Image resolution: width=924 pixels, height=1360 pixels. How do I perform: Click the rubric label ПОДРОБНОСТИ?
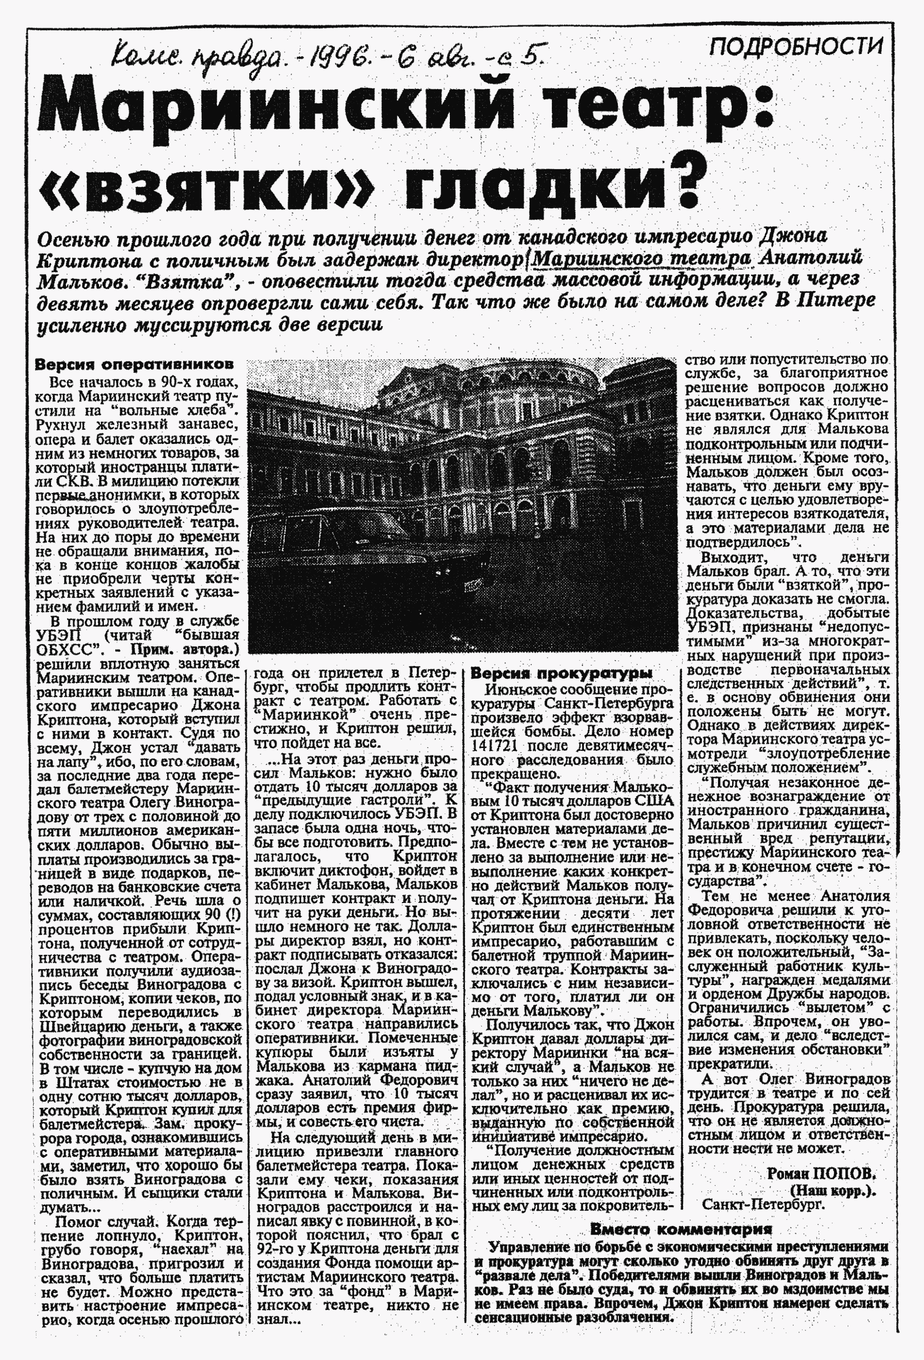(x=795, y=47)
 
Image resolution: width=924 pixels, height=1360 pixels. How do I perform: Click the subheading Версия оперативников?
(x=134, y=364)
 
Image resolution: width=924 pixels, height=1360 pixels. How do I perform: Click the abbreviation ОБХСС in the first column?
(x=65, y=650)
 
